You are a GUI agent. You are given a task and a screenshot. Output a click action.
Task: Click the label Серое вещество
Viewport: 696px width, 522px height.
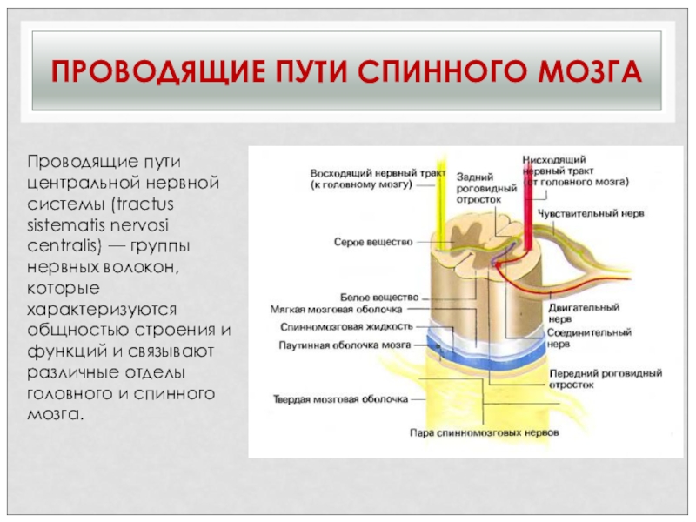coord(372,242)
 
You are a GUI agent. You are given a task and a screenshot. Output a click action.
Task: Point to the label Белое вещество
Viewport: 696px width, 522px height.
coord(379,297)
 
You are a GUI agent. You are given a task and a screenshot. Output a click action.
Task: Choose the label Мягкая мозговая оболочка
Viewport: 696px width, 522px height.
coord(336,309)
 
